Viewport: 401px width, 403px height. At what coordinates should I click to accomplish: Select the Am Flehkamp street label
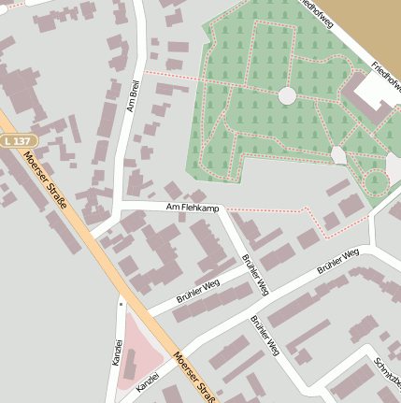(191, 208)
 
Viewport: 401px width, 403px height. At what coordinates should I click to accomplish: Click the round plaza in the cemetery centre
(287, 95)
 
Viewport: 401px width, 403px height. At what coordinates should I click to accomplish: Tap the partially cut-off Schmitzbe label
(386, 373)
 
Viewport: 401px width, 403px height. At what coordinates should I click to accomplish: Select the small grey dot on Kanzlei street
(121, 302)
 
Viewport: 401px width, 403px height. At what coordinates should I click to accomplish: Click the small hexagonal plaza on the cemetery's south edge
(338, 155)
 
